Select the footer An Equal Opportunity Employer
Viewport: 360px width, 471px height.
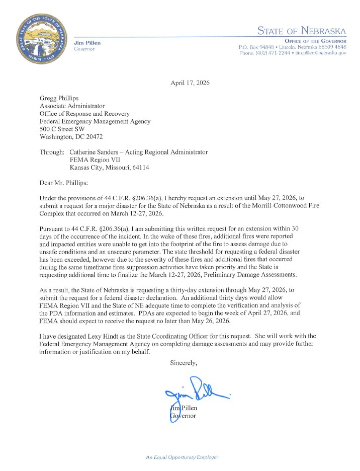pyautogui.click(x=182, y=457)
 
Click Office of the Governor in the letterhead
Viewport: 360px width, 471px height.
pyautogui.click(x=315, y=41)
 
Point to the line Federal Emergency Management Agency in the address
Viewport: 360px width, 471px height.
pyautogui.click(x=95, y=121)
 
